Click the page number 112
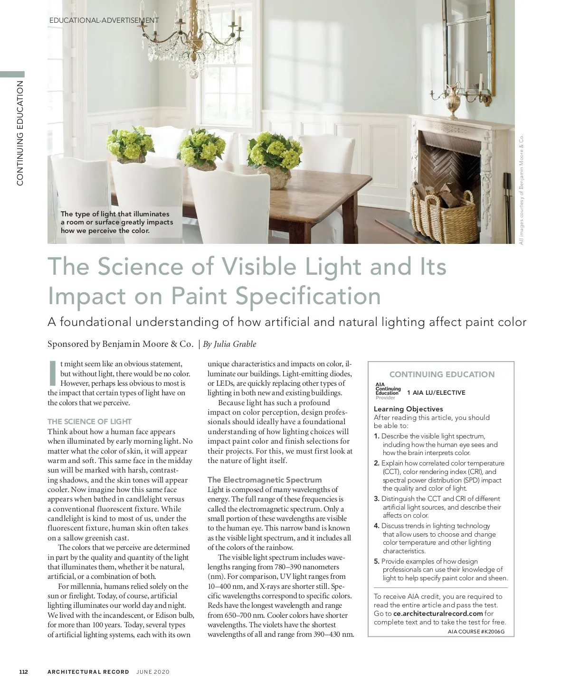pos(24,672)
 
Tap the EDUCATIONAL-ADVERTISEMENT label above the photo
pos(104,20)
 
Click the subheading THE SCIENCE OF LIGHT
pos(89,421)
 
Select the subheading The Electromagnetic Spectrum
pos(265,480)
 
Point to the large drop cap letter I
pos(53,373)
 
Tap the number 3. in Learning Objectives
pos(377,499)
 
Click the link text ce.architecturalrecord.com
pos(438,614)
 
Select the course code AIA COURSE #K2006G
pos(476,632)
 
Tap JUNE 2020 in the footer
pos(153,672)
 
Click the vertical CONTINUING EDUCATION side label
pos(20,133)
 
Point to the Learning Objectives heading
pos(408,409)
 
